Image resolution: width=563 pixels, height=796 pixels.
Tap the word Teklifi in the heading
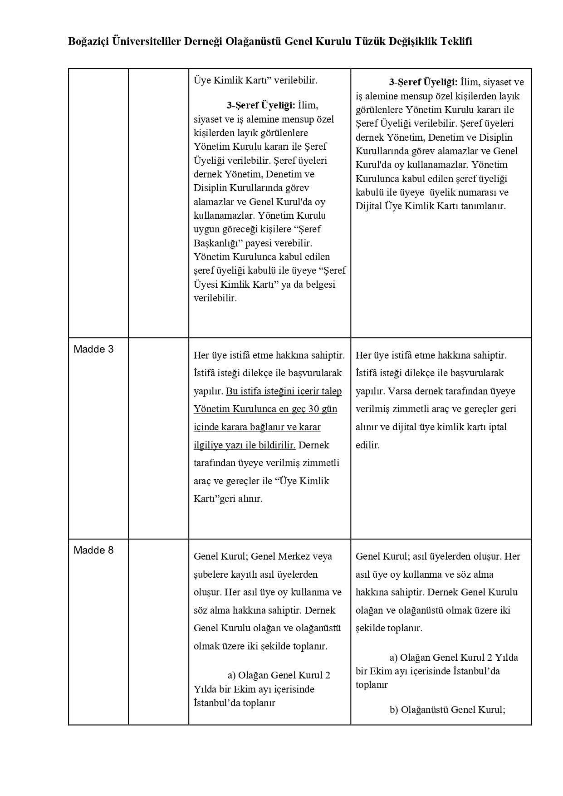coord(455,42)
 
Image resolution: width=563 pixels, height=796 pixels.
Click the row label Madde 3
coord(93,349)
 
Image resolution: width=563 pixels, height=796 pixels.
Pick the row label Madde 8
coord(93,550)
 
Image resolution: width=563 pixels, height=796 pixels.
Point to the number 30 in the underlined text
coord(314,409)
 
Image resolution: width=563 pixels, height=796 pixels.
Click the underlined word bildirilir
coord(277,445)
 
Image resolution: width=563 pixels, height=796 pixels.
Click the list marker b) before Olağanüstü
coord(394,710)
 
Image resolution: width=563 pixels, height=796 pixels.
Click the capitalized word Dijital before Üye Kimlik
coord(369,206)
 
